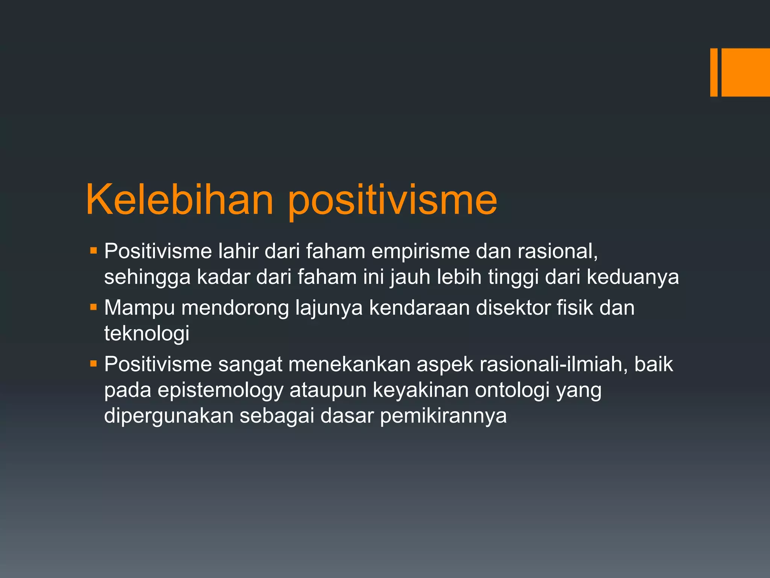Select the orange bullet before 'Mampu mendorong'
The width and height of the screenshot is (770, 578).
coord(94,307)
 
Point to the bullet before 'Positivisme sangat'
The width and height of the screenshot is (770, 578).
coord(94,364)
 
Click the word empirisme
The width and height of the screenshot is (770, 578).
coord(420,251)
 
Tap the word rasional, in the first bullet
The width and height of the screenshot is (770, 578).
coord(558,251)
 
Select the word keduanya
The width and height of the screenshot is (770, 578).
coord(633,277)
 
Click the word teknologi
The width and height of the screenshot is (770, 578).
coord(147,334)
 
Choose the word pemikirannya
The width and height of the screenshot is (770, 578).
coord(443,416)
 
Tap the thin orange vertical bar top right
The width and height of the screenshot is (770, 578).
coord(714,72)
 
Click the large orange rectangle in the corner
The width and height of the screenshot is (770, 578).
coord(746,72)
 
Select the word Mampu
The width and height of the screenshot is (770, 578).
coord(139,308)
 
